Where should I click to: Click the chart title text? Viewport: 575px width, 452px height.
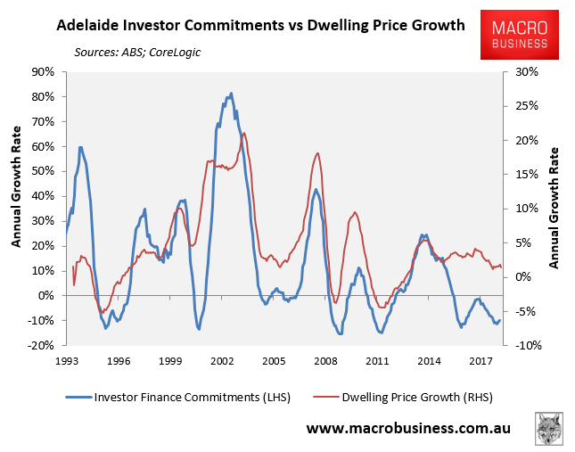coord(260,25)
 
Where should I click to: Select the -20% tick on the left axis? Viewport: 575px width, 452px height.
coord(42,345)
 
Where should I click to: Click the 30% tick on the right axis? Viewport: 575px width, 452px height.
coord(520,71)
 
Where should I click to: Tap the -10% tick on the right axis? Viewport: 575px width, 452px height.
coord(522,345)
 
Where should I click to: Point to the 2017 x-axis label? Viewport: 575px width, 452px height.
coord(480,360)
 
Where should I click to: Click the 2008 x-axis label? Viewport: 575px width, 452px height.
coord(324,360)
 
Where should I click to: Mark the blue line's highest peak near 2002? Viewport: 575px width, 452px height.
coord(231,93)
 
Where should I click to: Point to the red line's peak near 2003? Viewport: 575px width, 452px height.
coord(244,133)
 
